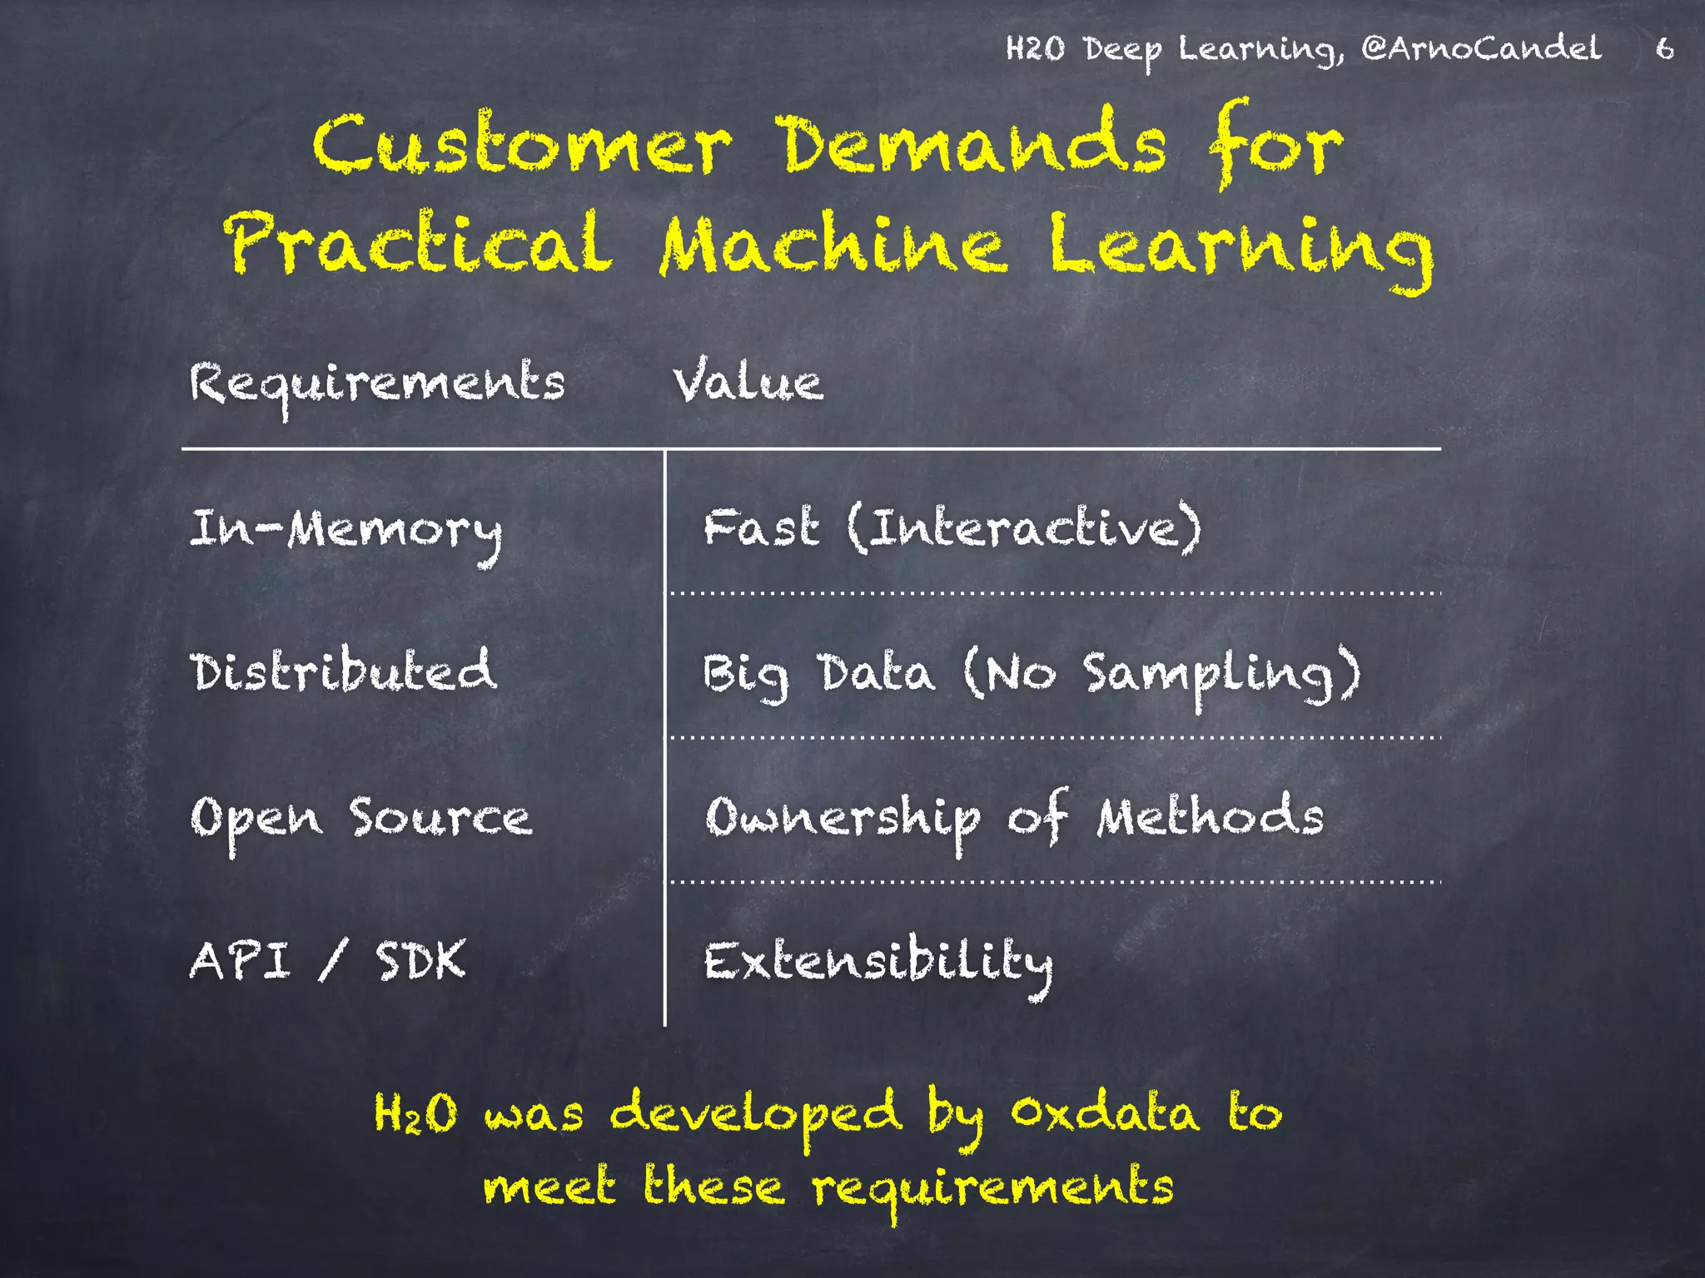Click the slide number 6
(x=1664, y=49)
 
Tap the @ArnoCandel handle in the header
(x=1481, y=49)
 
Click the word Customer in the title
(x=522, y=145)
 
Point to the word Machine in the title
(x=833, y=245)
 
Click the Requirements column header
(x=377, y=385)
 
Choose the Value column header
(x=748, y=382)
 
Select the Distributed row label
(x=344, y=671)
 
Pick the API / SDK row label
(x=327, y=961)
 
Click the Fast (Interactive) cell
(x=952, y=528)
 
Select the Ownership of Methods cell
(x=1014, y=817)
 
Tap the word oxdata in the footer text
(x=1105, y=1112)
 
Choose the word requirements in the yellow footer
(x=993, y=1188)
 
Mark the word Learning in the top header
(x=1260, y=50)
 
